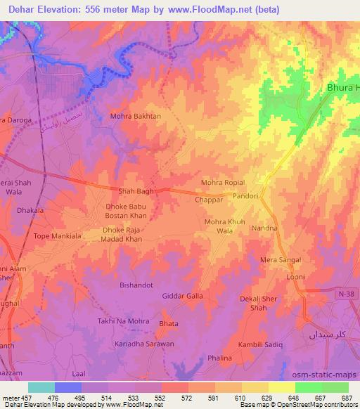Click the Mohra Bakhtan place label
click(136, 116)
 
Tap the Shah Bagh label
click(135, 190)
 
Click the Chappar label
click(209, 200)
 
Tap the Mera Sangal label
click(281, 260)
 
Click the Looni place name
click(295, 277)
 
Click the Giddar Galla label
click(183, 296)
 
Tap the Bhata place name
click(169, 323)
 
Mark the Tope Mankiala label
click(56, 236)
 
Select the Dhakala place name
click(31, 209)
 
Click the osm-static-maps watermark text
click(328, 373)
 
